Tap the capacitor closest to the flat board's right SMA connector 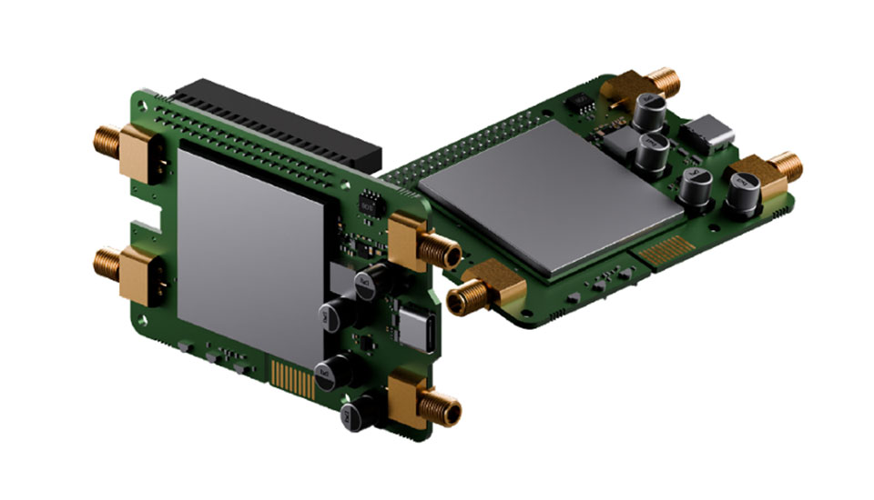click(743, 194)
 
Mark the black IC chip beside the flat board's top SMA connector click(588, 106)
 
